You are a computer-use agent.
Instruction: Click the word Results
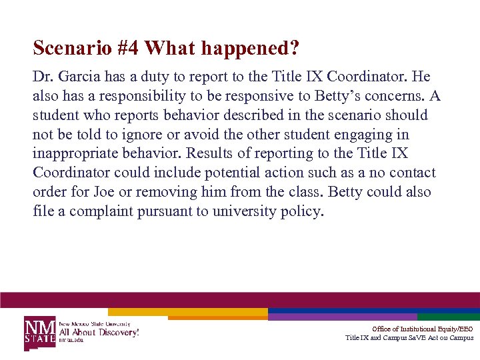[209, 153]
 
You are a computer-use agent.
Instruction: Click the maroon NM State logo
[40, 331]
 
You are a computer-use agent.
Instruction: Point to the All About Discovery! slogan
[99, 331]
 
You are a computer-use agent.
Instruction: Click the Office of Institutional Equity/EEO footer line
[422, 329]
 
